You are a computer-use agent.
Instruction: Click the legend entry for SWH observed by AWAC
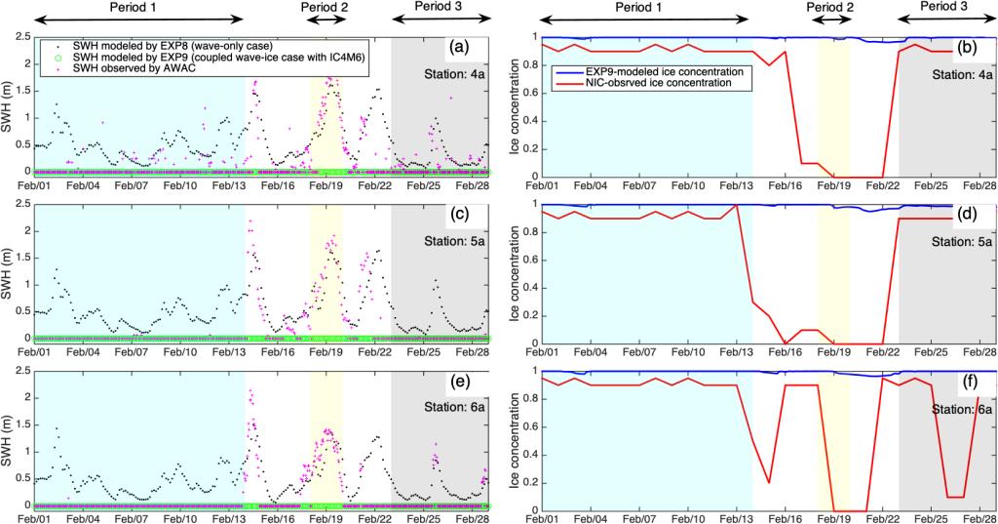click(x=126, y=77)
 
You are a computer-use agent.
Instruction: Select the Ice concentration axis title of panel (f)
click(x=515, y=439)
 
